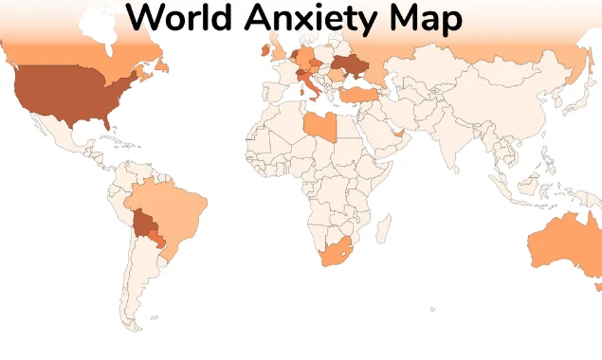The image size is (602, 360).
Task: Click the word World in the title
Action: [x=180, y=17]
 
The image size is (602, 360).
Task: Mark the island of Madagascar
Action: [x=384, y=229]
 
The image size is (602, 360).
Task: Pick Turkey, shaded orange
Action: [x=361, y=94]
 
